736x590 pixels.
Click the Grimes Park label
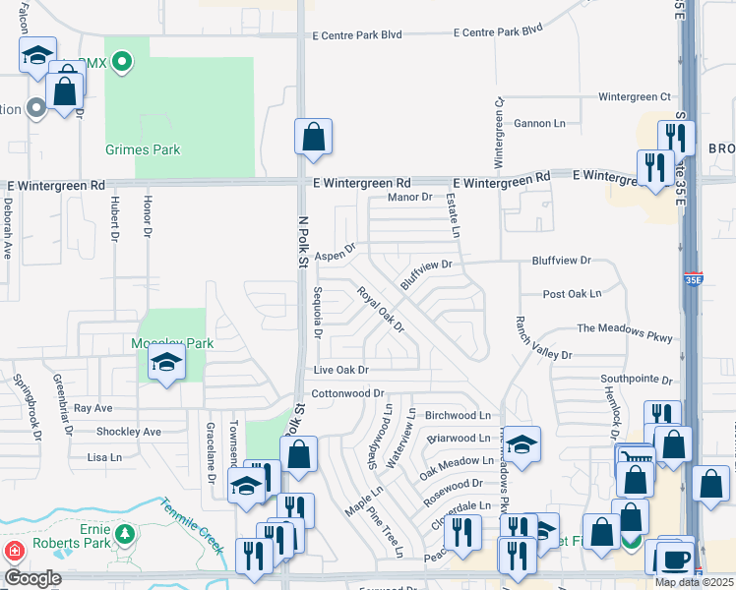click(143, 150)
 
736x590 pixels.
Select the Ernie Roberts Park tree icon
click(125, 534)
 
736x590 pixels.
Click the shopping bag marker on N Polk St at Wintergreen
click(313, 139)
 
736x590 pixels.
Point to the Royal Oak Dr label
click(381, 309)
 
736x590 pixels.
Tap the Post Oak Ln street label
click(571, 294)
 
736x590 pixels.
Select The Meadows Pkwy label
click(624, 331)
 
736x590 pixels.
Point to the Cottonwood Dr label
click(347, 393)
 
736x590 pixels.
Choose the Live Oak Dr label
click(340, 370)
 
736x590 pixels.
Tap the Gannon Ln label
click(540, 124)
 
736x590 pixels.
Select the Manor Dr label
click(410, 198)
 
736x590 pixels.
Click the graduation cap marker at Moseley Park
click(167, 364)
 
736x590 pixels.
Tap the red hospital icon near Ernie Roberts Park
click(15, 550)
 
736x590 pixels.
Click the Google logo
click(31, 578)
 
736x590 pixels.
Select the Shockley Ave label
click(128, 432)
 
